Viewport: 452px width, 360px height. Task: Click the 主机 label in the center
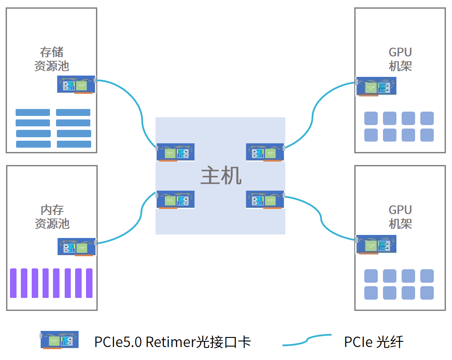point(221,176)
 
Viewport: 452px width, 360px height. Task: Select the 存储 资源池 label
point(52,59)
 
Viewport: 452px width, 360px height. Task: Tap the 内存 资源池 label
point(52,217)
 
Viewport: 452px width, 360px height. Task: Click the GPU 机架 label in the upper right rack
point(400,59)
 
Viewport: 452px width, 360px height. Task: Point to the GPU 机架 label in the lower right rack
point(400,217)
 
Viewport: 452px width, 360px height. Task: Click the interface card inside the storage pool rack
point(76,84)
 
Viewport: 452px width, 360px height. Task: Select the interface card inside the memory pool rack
point(76,247)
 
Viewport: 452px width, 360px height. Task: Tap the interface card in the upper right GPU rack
point(376,86)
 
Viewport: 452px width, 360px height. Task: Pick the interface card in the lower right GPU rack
point(376,244)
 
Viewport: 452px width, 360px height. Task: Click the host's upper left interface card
point(175,152)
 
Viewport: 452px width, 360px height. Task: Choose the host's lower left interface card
point(175,199)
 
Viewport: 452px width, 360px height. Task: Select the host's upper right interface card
point(265,152)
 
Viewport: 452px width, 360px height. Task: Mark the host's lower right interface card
point(265,199)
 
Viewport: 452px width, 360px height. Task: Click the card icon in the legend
point(59,340)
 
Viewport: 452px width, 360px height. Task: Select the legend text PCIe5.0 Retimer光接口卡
point(172,342)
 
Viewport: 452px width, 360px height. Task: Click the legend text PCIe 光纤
point(373,342)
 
